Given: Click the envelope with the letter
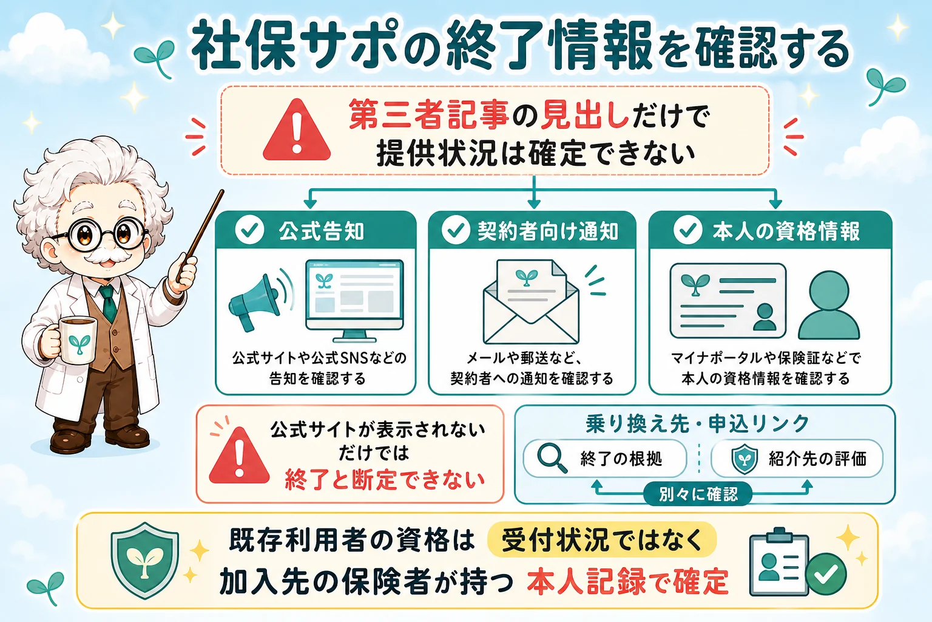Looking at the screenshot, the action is [x=531, y=302].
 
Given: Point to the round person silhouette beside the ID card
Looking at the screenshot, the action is [x=829, y=306].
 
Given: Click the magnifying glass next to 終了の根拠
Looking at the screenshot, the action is [x=552, y=458].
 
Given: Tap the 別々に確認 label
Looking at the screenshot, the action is [x=698, y=494].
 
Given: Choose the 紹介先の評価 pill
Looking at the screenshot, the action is [x=797, y=458].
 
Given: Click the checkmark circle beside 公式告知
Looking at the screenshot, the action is [x=249, y=230].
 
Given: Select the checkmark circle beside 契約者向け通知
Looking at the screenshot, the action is [x=456, y=230].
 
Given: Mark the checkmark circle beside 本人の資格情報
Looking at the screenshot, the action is [x=687, y=230].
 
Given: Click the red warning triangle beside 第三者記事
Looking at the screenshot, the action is [x=297, y=131].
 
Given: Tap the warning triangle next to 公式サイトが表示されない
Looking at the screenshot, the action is [x=239, y=456].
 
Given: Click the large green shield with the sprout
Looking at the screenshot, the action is [x=145, y=560].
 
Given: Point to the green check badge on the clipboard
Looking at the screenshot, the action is [x=826, y=573].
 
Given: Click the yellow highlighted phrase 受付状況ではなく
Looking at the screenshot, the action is [x=602, y=539].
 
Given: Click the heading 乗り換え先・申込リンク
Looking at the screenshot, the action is [x=698, y=424].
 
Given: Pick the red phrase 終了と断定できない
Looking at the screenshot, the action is [x=385, y=480].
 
